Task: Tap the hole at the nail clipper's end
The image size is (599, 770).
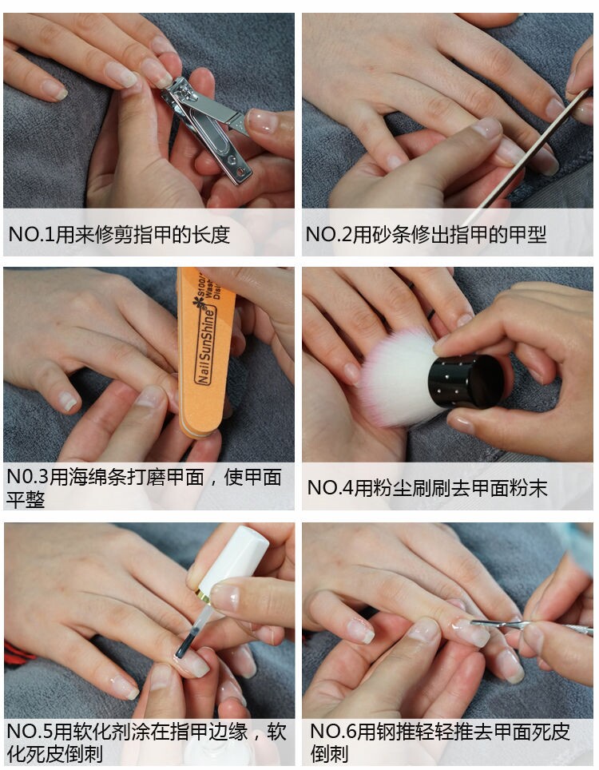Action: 240,172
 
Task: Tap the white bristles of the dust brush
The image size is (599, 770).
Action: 398,375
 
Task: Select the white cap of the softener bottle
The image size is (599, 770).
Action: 235,560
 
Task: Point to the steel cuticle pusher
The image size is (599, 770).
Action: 530,625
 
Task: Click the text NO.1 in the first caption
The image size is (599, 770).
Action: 31,234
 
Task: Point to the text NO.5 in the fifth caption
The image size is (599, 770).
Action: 30,732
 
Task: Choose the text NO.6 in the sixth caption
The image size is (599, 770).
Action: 333,732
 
